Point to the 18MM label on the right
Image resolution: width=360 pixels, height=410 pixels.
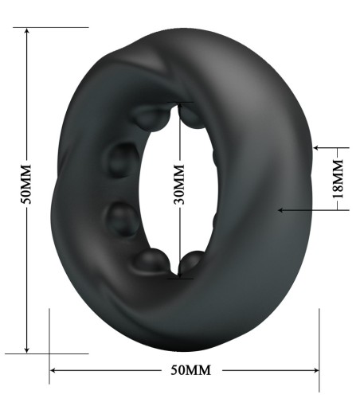point(338,178)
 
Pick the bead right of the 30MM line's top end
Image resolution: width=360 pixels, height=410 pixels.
point(194,116)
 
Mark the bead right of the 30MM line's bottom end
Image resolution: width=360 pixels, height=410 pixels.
point(194,262)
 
